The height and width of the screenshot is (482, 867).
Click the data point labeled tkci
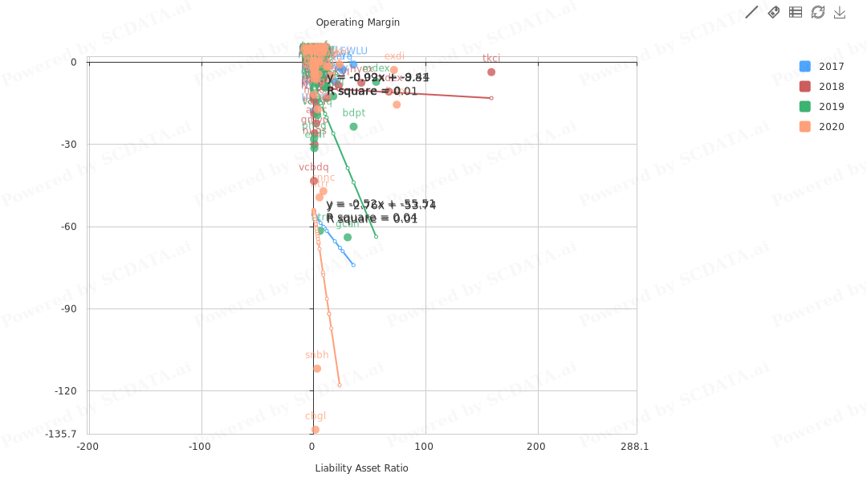click(x=491, y=72)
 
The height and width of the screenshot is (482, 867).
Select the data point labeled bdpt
click(x=353, y=127)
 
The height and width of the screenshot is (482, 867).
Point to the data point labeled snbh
click(x=317, y=369)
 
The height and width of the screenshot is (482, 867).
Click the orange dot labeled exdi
click(x=394, y=70)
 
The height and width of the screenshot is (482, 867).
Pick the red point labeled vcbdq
click(x=314, y=181)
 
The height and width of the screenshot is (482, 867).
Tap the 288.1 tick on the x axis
click(x=634, y=447)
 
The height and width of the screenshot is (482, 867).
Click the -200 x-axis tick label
click(x=88, y=447)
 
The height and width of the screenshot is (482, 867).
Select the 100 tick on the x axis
click(x=424, y=447)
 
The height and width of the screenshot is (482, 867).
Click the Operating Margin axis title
click(x=357, y=22)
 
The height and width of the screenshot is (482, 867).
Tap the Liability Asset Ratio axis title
click(x=361, y=468)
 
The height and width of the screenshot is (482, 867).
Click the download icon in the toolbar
click(x=840, y=12)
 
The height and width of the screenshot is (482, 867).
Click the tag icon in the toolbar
click(x=774, y=12)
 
